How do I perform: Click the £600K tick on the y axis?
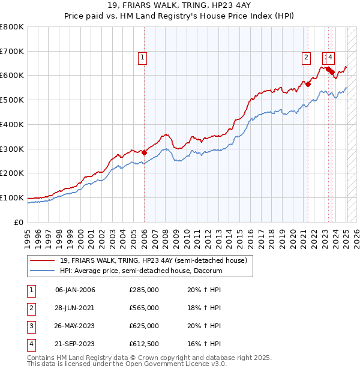[x=13, y=76]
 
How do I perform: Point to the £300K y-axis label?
[x=13, y=149]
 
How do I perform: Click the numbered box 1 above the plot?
[x=143, y=58]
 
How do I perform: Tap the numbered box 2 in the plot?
[x=305, y=58]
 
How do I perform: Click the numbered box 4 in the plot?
[x=331, y=58]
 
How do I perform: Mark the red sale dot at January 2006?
[x=144, y=152]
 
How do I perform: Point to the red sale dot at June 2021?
[x=308, y=84]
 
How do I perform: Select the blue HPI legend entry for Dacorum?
[x=141, y=271]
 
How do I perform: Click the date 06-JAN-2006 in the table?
[x=75, y=290]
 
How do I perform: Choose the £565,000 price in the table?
[x=144, y=308]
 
